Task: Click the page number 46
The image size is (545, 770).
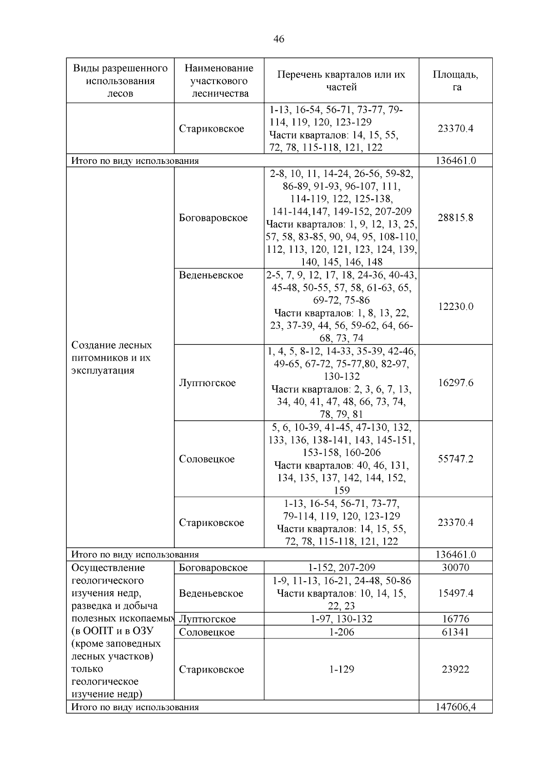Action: click(279, 39)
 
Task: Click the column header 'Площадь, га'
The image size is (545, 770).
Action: click(456, 80)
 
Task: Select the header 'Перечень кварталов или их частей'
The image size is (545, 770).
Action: click(342, 80)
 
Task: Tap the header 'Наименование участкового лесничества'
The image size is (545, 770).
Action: click(219, 81)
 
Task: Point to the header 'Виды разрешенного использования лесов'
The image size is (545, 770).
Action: click(120, 81)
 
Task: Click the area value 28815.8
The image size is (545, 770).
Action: click(456, 217)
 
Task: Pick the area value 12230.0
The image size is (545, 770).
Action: click(456, 306)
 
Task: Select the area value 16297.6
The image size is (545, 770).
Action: click(456, 383)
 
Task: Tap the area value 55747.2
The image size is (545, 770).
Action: click(456, 459)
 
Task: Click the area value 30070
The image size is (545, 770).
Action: click(456, 567)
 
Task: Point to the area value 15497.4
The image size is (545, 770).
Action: click(456, 593)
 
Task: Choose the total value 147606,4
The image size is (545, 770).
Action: click(456, 706)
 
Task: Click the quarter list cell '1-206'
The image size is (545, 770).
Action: click(342, 632)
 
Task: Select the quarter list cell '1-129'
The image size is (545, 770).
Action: click(342, 669)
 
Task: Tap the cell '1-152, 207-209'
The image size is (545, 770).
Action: click(342, 567)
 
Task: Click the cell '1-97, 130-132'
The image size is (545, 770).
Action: click(342, 619)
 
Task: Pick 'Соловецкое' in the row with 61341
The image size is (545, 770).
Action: click(207, 632)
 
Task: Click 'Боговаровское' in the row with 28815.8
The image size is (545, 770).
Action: click(213, 218)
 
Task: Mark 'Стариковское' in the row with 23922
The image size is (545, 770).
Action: click(211, 669)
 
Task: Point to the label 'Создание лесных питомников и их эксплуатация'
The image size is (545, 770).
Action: click(112, 358)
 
